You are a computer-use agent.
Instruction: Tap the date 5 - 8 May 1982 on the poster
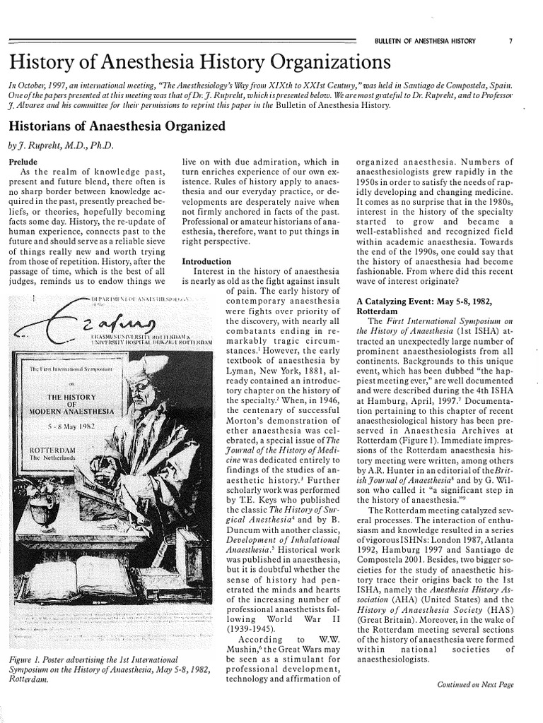(x=68, y=429)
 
